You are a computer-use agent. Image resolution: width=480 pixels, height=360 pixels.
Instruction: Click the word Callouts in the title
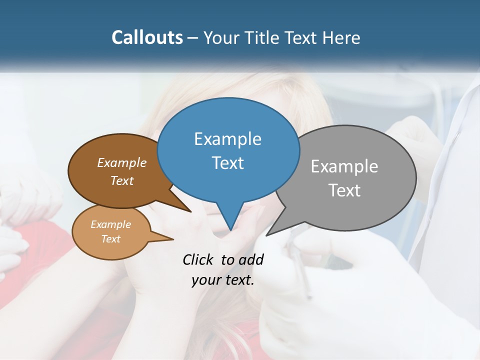[x=147, y=37]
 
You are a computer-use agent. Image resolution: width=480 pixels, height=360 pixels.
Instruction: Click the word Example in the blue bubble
[x=227, y=139]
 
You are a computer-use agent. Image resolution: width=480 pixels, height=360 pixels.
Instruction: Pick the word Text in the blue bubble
[x=227, y=163]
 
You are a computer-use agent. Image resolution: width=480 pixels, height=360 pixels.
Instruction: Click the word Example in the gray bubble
[x=344, y=166]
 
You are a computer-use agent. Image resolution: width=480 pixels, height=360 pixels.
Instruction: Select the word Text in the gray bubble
[x=344, y=190]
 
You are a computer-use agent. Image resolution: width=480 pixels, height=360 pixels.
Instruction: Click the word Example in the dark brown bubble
[x=122, y=162]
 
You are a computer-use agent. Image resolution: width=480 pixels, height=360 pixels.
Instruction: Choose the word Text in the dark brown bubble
[x=122, y=180]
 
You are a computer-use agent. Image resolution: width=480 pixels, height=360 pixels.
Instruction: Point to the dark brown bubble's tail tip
[x=190, y=211]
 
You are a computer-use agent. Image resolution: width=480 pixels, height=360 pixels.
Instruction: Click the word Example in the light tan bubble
[x=110, y=224]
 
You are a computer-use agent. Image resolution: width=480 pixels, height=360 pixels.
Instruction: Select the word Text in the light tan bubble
[x=110, y=239]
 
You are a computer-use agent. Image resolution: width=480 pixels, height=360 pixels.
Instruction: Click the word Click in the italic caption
[x=199, y=259]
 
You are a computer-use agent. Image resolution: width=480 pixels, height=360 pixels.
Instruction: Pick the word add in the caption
[x=251, y=259]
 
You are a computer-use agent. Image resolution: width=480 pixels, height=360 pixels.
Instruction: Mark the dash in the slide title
[x=193, y=38]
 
